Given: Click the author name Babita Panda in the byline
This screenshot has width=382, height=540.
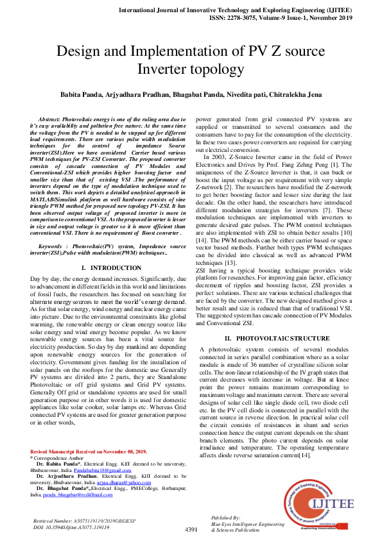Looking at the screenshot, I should tap(85, 94).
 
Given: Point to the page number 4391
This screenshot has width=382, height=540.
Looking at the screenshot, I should tap(191, 530).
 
